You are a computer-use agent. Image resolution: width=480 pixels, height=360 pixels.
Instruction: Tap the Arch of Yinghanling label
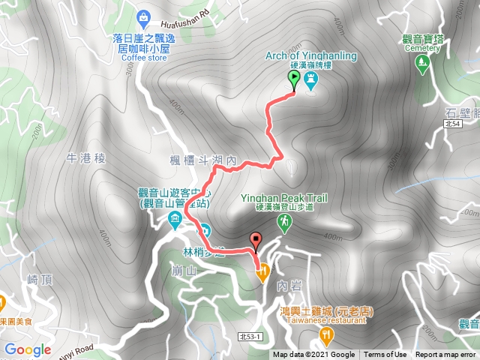pos(311,56)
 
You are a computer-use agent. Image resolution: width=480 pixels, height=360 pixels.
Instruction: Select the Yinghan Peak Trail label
pos(283,198)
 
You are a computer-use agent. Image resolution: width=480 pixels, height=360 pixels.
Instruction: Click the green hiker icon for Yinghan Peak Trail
pos(284,221)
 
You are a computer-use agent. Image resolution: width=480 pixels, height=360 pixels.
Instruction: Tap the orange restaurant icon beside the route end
pos(262,274)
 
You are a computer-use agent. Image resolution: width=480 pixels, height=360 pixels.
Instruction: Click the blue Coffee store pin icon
pos(144,16)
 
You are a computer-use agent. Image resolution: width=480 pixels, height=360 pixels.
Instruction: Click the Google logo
pos(27,349)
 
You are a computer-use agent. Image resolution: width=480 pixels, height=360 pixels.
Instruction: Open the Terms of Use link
pos(385,355)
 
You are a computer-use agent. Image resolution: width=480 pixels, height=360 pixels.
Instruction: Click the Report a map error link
pos(445,355)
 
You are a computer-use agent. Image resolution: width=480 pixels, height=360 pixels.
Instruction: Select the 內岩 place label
pos(286,285)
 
